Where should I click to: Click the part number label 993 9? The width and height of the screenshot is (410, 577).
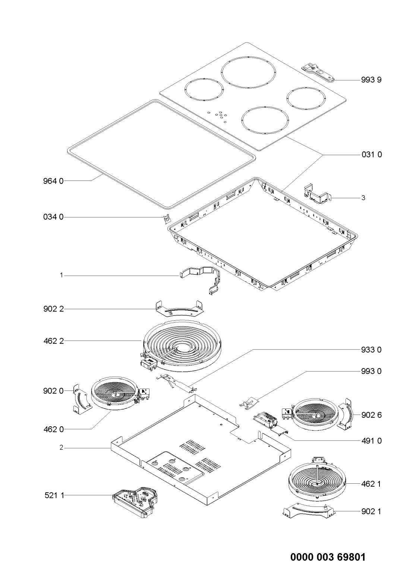click(x=371, y=80)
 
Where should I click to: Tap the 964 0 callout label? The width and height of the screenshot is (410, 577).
click(x=53, y=181)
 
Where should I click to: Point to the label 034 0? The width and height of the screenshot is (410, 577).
click(x=53, y=217)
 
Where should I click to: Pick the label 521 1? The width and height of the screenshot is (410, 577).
click(x=54, y=495)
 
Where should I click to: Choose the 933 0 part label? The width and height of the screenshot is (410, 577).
click(x=371, y=350)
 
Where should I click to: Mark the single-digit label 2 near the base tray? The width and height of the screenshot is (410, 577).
click(x=61, y=448)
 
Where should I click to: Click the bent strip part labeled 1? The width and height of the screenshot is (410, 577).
click(x=201, y=279)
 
